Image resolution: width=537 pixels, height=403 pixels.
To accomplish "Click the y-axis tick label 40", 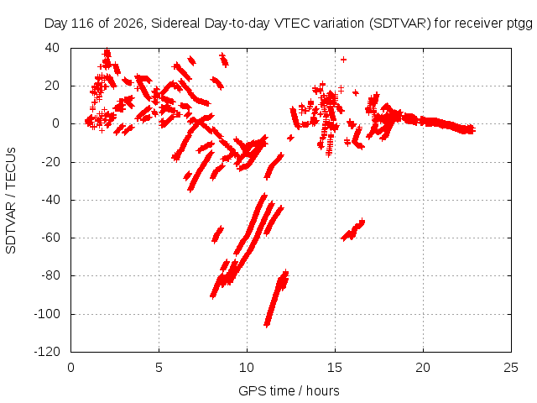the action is (52, 48).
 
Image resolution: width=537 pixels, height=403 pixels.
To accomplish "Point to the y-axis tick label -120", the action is (47, 352).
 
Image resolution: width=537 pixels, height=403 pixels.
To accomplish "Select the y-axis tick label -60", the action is (50, 238).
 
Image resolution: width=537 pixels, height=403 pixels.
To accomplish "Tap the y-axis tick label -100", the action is (47, 313).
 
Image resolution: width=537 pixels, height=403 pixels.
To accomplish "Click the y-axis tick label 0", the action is (56, 123).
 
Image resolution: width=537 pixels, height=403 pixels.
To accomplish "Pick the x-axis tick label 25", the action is (511, 368).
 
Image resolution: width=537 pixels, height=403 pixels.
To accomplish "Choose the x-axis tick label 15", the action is (335, 368).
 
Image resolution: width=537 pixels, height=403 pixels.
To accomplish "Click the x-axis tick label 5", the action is (159, 368).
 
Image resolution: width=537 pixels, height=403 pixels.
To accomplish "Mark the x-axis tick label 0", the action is (70, 368).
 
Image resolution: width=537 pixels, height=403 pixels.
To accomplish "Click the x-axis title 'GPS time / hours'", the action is (289, 391).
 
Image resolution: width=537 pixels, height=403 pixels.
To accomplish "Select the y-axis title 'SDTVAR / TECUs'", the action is (11, 201).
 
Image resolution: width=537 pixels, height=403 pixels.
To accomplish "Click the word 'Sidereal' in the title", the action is (175, 24).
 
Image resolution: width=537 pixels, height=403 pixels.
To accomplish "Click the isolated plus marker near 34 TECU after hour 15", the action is (343, 60).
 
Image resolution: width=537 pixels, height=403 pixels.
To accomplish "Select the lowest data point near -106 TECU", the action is (267, 324).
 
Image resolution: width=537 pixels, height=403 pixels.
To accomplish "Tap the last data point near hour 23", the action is (472, 129).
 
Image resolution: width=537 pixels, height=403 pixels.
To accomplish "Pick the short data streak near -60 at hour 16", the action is (353, 230).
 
